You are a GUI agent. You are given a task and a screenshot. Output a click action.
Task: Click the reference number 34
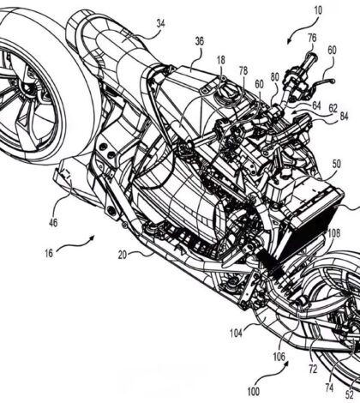(x=161, y=24)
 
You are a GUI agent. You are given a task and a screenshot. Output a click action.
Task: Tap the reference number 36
(x=200, y=41)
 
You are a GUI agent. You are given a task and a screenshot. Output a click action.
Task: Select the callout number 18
(x=221, y=60)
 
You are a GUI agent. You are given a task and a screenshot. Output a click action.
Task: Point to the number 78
(x=243, y=71)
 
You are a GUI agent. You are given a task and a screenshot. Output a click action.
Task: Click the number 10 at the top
(x=318, y=10)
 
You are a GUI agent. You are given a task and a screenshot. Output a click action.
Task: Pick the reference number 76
(x=312, y=38)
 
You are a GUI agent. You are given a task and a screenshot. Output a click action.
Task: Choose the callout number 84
(x=344, y=117)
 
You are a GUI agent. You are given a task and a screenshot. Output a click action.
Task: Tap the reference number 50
(x=336, y=164)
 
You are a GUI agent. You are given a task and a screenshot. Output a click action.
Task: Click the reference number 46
(x=53, y=222)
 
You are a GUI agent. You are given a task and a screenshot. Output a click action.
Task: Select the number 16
(x=49, y=253)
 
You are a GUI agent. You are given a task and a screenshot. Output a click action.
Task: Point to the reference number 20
(x=123, y=255)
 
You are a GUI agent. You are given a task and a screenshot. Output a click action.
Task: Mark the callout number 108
(x=334, y=233)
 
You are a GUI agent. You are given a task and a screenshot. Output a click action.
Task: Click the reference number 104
(x=237, y=333)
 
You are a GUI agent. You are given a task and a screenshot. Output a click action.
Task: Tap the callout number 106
(x=279, y=357)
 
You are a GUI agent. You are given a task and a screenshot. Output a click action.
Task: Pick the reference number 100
(x=253, y=392)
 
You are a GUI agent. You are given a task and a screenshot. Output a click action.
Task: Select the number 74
(x=329, y=388)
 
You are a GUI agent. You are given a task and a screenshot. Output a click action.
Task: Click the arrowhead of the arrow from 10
(x=289, y=41)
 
